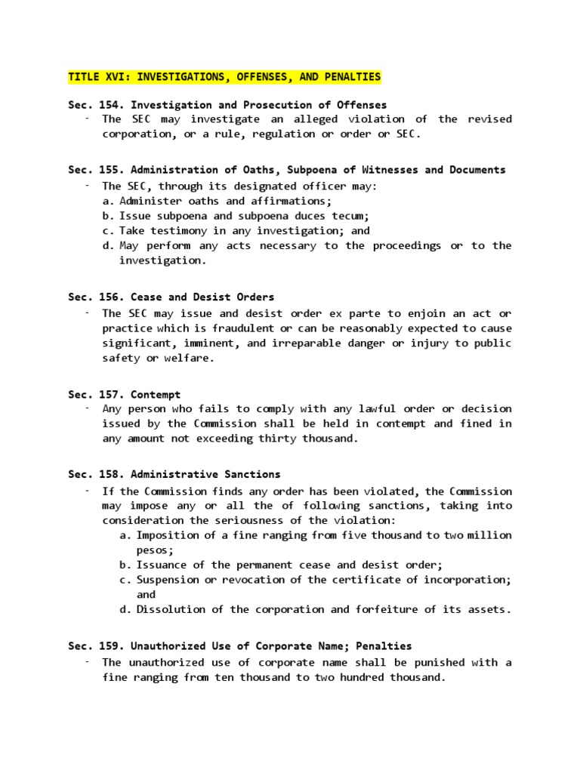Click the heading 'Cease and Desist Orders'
click(x=202, y=297)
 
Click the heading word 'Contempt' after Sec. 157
click(x=156, y=394)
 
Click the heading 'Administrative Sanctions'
click(x=205, y=475)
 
